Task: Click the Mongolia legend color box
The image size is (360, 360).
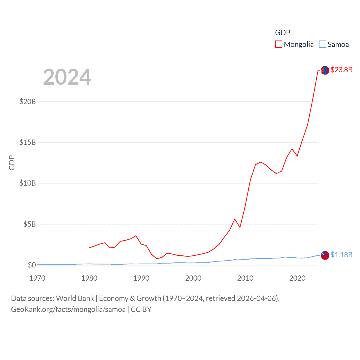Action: [278, 44]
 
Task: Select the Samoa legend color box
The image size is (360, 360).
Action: [323, 44]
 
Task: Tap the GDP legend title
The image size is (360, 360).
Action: [282, 33]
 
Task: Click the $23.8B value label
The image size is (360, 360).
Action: [341, 70]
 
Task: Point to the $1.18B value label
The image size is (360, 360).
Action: [341, 255]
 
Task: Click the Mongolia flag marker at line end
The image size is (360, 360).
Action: [325, 70]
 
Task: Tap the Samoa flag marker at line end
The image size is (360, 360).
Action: [325, 255]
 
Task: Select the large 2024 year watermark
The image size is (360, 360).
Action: [67, 77]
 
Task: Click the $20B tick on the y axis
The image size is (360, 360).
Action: [28, 102]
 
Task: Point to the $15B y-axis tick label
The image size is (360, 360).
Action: [28, 142]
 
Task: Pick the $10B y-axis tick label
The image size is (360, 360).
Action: [28, 183]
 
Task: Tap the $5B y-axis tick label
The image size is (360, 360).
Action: [30, 224]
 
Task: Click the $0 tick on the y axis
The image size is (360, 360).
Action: [32, 265]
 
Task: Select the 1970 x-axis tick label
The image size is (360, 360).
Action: [37, 278]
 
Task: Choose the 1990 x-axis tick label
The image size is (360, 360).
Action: [141, 278]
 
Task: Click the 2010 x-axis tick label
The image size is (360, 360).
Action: [245, 278]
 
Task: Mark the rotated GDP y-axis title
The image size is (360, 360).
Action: [12, 163]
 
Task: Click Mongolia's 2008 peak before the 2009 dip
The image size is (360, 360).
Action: [235, 219]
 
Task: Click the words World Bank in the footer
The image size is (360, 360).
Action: [75, 298]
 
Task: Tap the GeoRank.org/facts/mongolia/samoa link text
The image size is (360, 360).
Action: [68, 309]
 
